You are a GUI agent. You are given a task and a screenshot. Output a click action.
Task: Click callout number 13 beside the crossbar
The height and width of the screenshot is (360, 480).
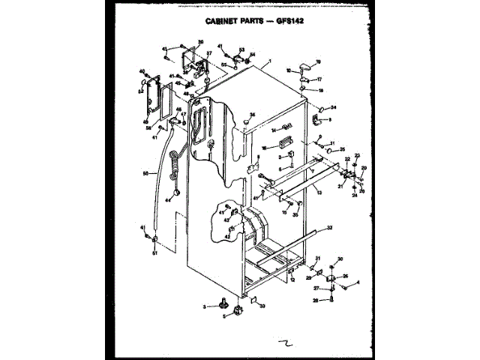(319, 193)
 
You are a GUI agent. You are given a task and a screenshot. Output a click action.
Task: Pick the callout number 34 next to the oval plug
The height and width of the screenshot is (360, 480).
(333, 107)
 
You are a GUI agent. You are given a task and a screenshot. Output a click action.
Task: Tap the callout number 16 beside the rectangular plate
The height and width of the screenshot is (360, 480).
(263, 148)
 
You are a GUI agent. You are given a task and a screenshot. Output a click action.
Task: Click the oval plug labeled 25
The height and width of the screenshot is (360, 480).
(329, 151)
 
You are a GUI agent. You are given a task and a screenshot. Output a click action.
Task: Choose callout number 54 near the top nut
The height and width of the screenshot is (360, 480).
(253, 54)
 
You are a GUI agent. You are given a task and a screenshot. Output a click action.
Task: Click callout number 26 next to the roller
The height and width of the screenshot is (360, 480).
(345, 276)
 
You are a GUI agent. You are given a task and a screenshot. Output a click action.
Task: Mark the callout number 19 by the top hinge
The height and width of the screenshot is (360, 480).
(317, 61)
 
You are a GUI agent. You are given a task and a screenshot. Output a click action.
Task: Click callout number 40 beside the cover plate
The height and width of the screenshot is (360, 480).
(140, 72)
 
